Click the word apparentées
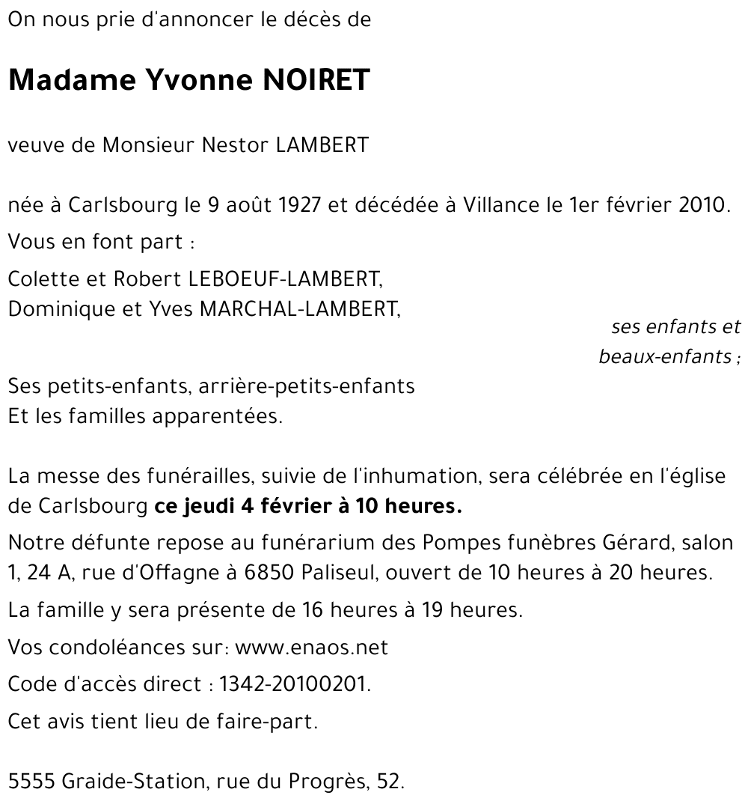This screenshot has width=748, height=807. pos(217,416)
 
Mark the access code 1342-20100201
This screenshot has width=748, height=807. pos(295,684)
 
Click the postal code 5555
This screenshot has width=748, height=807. pos(31,782)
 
